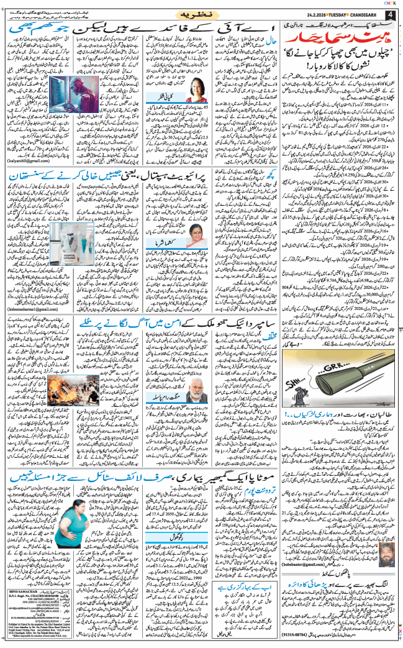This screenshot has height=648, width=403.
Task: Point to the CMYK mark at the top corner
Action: coord(391,3)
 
